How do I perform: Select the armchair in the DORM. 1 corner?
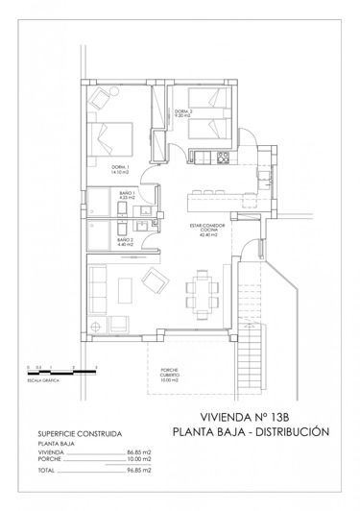tap(101, 99)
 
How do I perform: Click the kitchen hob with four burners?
tap(222, 156)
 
